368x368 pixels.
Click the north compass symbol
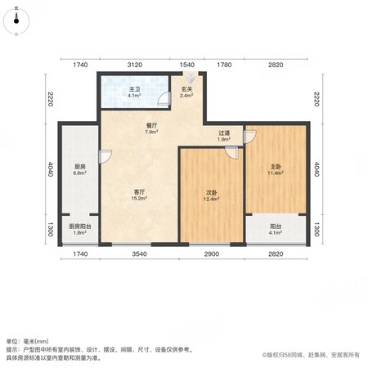coord(16,20)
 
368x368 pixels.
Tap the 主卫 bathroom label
coord(135,89)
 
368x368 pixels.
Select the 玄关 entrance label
coord(187,89)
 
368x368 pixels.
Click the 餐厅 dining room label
coord(152,126)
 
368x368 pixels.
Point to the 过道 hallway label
coord(224,133)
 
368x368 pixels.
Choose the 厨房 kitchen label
coord(80,166)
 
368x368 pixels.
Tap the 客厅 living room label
coord(139,192)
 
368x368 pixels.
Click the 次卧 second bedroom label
coord(211,192)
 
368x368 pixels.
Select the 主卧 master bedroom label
coord(276,166)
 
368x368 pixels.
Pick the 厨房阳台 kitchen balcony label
coord(80,227)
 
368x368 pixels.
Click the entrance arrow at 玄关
coord(190,78)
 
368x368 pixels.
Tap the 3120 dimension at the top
coord(135,65)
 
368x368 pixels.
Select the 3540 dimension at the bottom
coord(139,254)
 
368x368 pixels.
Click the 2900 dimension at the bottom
coord(212,254)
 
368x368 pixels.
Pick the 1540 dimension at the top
coord(187,65)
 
